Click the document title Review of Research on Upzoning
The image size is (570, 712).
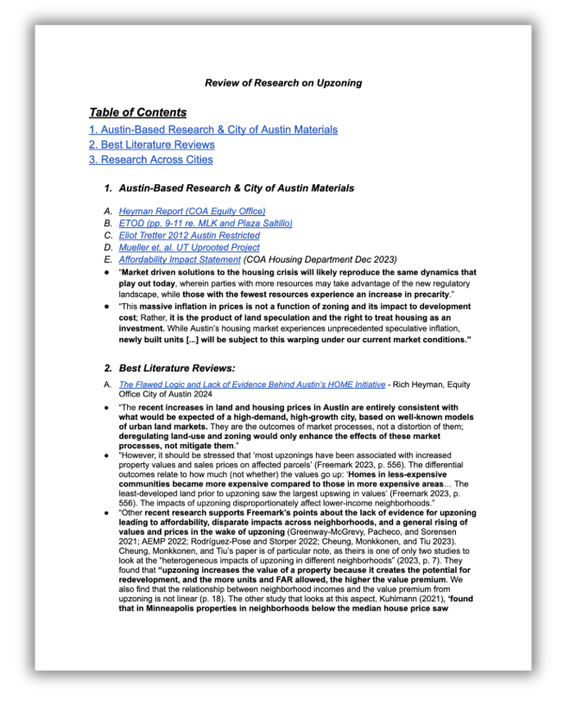pyautogui.click(x=283, y=83)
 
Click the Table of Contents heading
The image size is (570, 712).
pyautogui.click(x=137, y=112)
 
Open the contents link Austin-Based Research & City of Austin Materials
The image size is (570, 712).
pyautogui.click(x=213, y=130)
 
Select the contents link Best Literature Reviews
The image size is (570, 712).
pyautogui.click(x=152, y=144)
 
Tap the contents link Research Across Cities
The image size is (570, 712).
pyautogui.click(x=151, y=159)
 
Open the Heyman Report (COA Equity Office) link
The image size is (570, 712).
pyautogui.click(x=192, y=211)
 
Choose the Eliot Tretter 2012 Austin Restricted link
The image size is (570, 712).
pyautogui.click(x=189, y=235)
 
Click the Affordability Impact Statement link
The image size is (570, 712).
pyautogui.click(x=180, y=259)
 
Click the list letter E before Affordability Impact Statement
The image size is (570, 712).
pyautogui.click(x=107, y=259)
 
